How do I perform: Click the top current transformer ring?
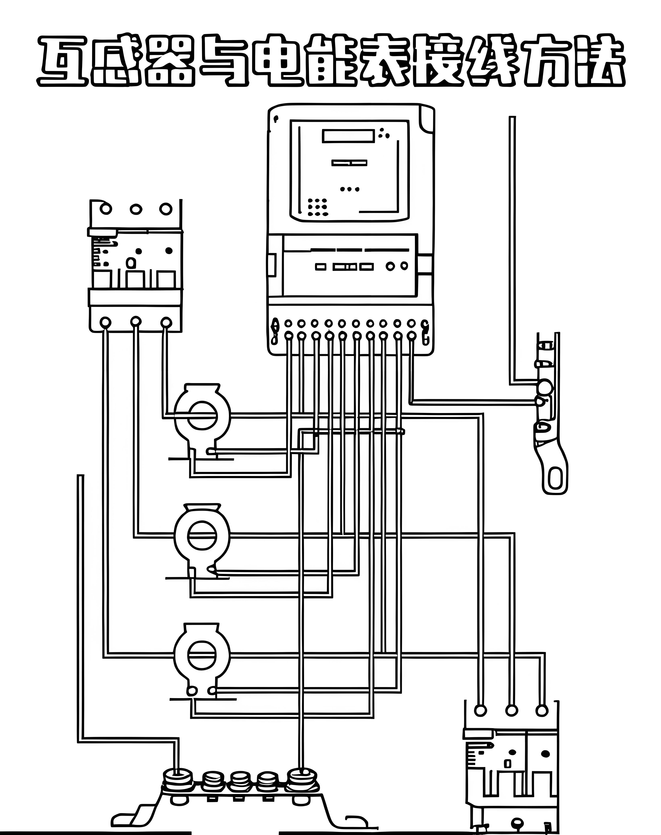click(x=202, y=415)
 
